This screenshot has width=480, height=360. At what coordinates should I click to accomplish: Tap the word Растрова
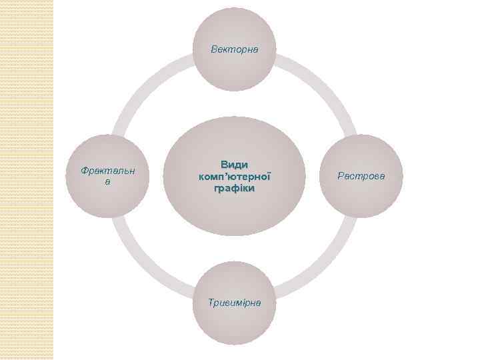[x=361, y=176]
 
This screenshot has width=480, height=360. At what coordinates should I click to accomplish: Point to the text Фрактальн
[x=107, y=171]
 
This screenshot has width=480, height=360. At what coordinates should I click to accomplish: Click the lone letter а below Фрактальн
[x=107, y=181]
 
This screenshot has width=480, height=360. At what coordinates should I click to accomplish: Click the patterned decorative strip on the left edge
[x=27, y=180]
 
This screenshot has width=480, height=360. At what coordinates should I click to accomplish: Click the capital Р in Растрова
[x=341, y=176]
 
